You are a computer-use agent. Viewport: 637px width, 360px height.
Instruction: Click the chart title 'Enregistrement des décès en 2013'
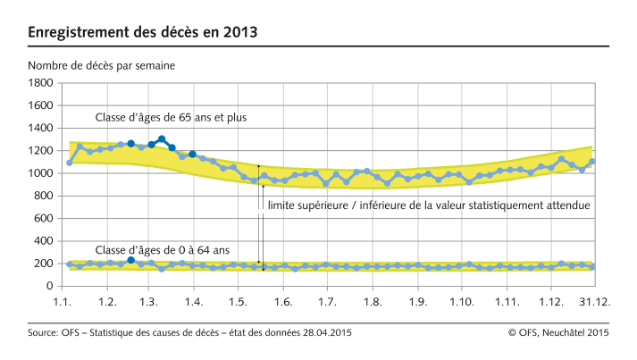coord(143,33)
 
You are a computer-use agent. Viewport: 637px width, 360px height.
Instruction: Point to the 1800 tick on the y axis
coord(40,83)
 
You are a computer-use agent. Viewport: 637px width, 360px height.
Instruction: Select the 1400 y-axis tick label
coord(40,129)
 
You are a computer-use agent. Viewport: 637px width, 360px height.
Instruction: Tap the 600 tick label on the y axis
coord(44,219)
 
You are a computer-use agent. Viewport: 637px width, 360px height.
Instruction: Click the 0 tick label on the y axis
coord(51,287)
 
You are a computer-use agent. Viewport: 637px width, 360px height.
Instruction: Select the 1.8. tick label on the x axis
coord(371,304)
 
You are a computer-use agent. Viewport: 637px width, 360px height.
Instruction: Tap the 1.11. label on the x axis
coord(507,304)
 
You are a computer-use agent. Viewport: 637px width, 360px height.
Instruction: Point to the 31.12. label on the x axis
coord(594,304)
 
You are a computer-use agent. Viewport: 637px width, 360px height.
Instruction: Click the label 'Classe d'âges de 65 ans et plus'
coord(171,117)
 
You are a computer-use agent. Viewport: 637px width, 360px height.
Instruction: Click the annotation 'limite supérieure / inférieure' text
coord(429,205)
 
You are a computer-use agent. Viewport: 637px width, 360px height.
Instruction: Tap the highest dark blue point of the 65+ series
coord(162,139)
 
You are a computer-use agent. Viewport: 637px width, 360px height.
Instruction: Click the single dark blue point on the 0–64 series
coord(131,260)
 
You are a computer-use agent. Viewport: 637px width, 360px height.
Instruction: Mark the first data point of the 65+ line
coord(70,163)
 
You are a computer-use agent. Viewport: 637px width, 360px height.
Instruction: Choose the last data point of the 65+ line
coord(592,162)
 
